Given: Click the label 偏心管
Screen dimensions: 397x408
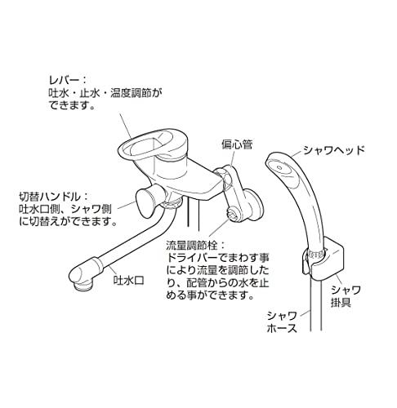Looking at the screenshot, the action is (237, 144).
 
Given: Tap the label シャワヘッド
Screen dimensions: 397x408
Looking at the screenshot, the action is (333, 150).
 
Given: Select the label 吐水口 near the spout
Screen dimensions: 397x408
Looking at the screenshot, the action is (128, 280).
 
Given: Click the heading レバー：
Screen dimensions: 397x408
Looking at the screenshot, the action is (68, 80).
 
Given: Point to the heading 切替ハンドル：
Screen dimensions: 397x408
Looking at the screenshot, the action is (54, 197).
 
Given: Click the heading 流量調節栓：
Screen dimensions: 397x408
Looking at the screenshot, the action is (196, 246).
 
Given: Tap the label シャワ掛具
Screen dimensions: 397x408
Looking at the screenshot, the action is (346, 296).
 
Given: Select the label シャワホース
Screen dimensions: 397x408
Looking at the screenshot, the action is (282, 322).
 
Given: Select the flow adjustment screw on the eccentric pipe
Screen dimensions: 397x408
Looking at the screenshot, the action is (234, 213).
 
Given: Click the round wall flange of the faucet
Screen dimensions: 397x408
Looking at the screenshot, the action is (254, 203).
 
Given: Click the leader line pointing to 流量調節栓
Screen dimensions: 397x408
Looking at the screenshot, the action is (219, 226).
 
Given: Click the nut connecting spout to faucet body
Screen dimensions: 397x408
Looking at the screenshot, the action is (171, 205).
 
